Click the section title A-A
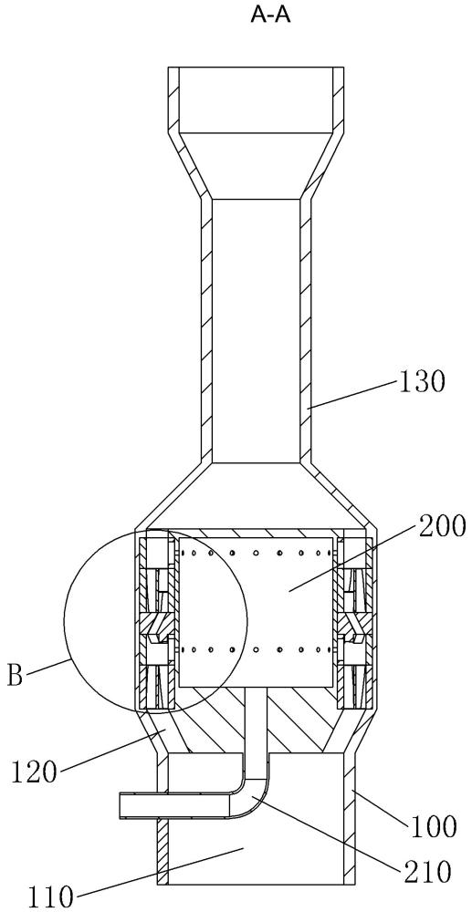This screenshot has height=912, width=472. pos(270,16)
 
